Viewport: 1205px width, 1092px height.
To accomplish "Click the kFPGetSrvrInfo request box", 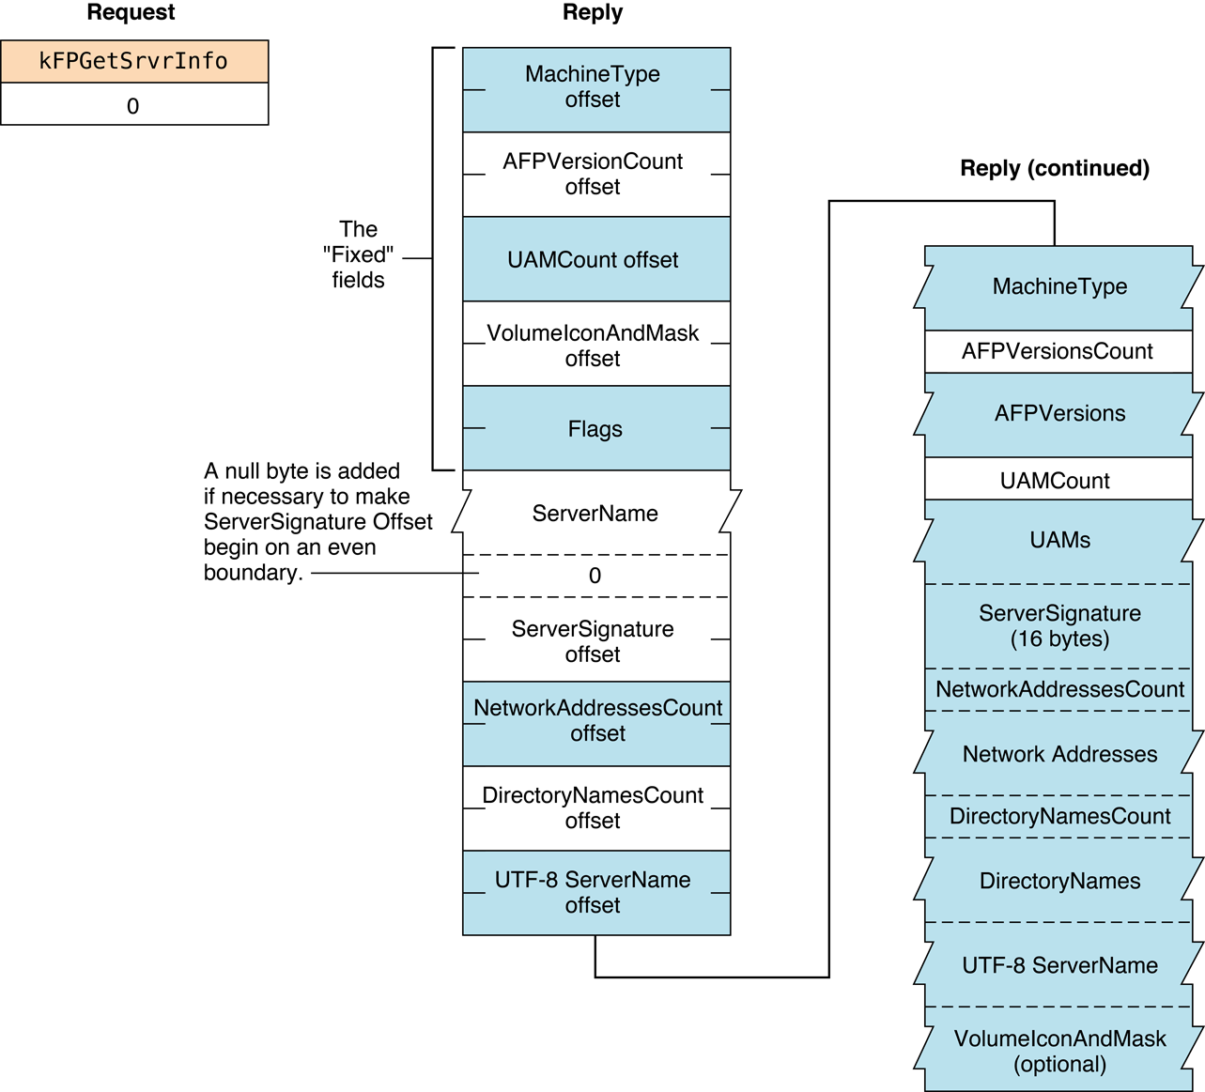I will (x=133, y=62).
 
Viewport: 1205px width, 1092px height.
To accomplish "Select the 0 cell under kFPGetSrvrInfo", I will (x=133, y=105).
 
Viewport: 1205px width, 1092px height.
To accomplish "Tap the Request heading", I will (x=131, y=13).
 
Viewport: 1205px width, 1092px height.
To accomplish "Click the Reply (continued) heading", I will (x=1054, y=168).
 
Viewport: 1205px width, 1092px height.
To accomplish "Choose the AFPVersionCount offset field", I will (x=595, y=175).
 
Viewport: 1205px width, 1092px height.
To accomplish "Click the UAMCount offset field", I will (x=595, y=260).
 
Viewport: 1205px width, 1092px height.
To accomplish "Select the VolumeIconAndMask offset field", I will (x=595, y=345).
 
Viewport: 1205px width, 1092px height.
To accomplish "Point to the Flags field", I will (x=595, y=429).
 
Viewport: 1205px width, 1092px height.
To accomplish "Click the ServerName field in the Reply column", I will (x=595, y=514).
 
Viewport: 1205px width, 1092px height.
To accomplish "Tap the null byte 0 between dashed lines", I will (x=595, y=576).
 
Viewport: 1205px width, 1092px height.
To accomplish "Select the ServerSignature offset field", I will (x=595, y=641).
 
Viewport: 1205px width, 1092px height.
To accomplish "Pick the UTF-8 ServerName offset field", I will (x=595, y=892).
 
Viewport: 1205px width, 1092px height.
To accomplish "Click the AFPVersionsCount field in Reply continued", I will (x=1058, y=351).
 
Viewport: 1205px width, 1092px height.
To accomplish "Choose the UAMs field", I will (x=1059, y=541).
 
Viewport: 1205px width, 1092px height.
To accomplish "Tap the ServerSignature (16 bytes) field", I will (x=1059, y=626).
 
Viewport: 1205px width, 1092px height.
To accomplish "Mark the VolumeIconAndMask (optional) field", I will (x=1059, y=1051).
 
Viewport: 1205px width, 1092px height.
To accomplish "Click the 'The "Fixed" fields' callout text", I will (x=359, y=255).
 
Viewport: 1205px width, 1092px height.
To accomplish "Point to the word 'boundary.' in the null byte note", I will (x=253, y=573).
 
